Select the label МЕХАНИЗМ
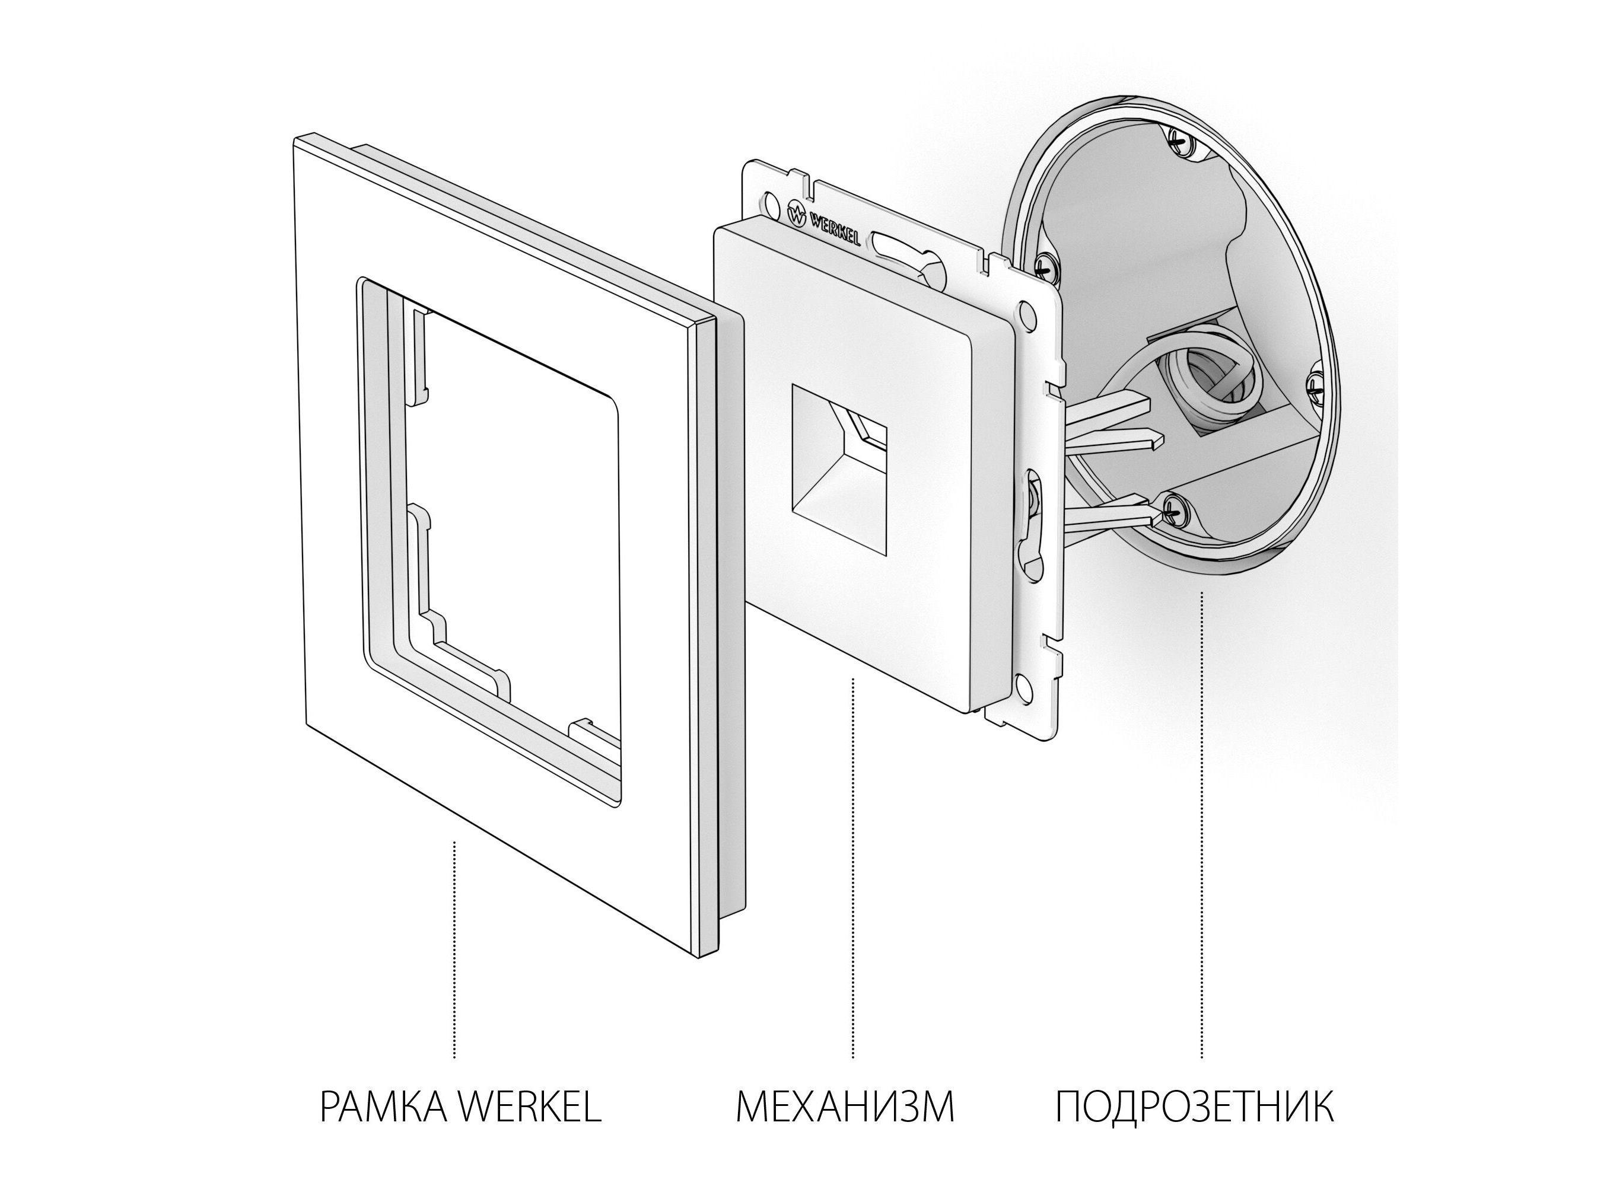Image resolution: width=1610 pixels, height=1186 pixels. click(845, 1107)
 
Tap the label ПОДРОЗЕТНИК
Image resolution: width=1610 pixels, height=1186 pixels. click(1195, 1107)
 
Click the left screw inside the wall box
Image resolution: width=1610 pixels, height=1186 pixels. click(1046, 264)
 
